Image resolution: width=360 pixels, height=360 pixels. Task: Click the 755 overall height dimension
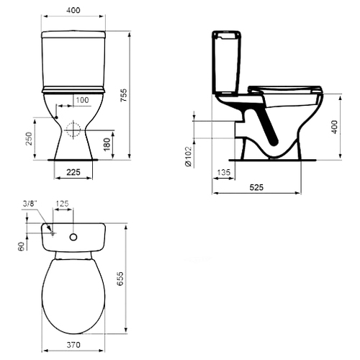click(x=124, y=95)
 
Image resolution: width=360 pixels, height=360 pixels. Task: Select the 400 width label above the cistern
click(x=73, y=10)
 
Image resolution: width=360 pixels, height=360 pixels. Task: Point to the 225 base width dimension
click(x=73, y=172)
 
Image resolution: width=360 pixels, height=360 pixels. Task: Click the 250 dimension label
click(x=29, y=138)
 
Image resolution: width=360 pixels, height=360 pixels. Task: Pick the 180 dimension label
click(x=107, y=145)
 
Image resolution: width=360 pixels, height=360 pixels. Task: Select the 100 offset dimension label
click(x=82, y=100)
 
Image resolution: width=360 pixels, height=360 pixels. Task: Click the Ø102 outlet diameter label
click(x=189, y=156)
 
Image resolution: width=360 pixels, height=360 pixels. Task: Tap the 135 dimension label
click(x=224, y=172)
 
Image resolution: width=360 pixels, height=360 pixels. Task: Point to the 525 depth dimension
click(x=256, y=187)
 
